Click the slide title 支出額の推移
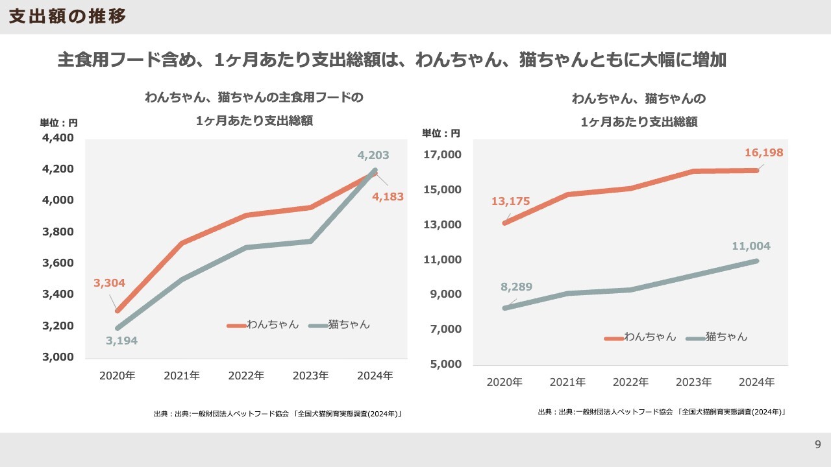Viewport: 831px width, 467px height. click(x=68, y=17)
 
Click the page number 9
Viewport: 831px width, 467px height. click(x=818, y=444)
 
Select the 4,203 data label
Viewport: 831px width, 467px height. click(x=373, y=155)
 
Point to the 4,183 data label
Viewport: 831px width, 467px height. click(x=388, y=196)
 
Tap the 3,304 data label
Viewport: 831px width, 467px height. click(x=109, y=283)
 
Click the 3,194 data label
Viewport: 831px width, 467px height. click(x=121, y=341)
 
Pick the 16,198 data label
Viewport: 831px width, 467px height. click(x=763, y=152)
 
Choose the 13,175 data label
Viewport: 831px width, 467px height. click(x=510, y=201)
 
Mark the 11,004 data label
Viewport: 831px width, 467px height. click(x=750, y=246)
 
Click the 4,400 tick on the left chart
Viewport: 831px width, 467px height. click(x=59, y=138)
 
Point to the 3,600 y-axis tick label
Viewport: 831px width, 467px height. click(x=59, y=263)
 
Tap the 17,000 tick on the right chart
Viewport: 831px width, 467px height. click(x=443, y=155)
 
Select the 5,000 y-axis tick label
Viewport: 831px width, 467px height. click(x=445, y=364)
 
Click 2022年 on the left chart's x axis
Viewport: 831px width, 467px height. click(x=246, y=376)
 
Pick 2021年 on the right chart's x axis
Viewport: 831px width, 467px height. click(x=567, y=382)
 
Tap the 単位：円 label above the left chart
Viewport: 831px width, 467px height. click(x=58, y=123)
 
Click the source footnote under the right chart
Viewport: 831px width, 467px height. click(x=661, y=412)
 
